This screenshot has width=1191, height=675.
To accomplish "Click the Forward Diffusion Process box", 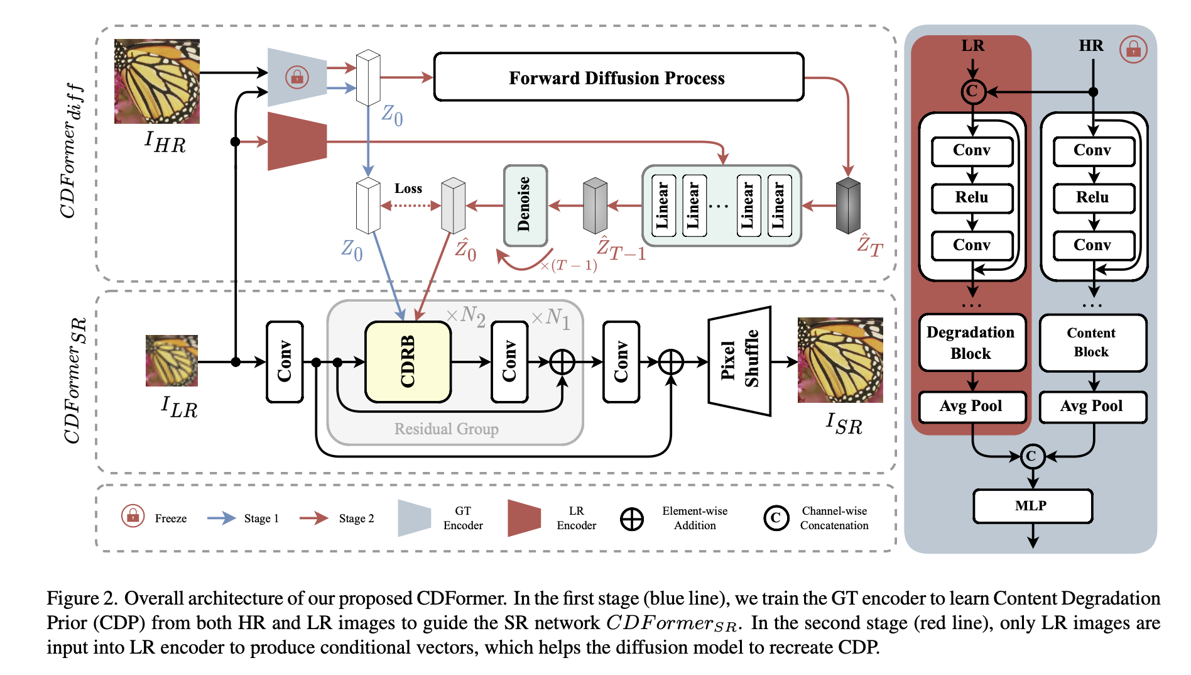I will click(618, 77).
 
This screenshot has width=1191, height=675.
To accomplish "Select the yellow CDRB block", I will click(408, 361).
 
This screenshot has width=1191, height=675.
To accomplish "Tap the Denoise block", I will click(525, 205).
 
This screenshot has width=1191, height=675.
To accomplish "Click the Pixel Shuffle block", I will click(739, 361).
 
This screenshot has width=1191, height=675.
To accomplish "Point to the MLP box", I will click(1032, 506).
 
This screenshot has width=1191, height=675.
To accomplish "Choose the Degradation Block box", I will click(971, 343).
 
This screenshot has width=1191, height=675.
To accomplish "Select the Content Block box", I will click(1092, 343).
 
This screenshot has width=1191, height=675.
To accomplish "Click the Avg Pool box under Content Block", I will click(1092, 407).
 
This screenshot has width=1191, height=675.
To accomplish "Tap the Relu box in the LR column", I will click(972, 198).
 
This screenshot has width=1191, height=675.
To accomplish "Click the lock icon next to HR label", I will click(1133, 49).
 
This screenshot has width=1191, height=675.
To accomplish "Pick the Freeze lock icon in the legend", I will click(133, 516).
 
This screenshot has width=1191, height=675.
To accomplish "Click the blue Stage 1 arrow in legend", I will click(221, 518).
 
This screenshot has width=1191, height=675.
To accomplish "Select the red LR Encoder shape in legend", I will click(523, 518).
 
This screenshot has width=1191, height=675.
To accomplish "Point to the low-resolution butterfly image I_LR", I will click(171, 360).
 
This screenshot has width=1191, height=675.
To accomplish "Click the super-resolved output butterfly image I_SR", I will click(840, 360).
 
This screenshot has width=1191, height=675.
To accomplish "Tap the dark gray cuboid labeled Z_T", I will click(848, 205).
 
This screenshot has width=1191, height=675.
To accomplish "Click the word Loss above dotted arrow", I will click(408, 189).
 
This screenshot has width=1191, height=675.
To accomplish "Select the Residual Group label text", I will click(446, 429).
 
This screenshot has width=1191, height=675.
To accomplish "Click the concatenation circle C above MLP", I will click(1032, 456).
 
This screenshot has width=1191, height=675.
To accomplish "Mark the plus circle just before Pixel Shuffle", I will click(671, 361).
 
